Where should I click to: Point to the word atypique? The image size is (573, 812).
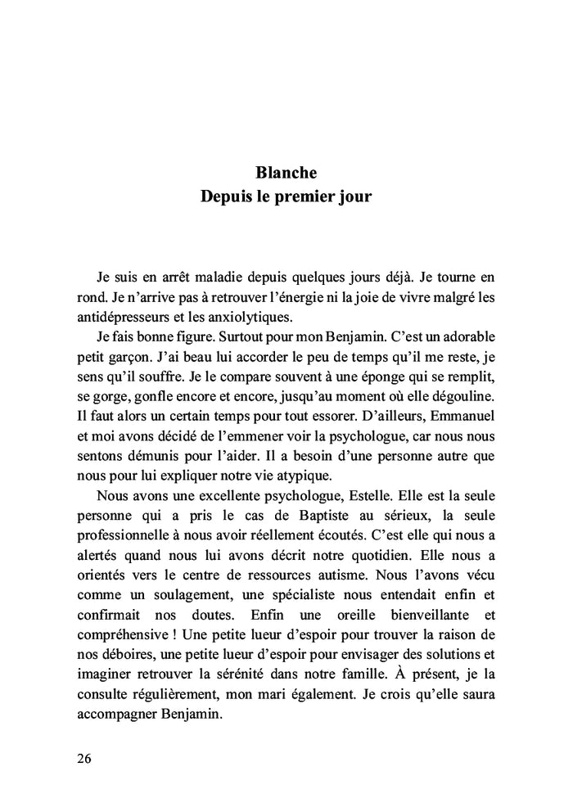[311, 473]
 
